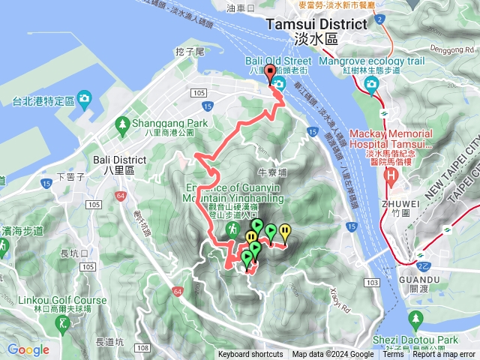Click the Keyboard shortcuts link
[x=250, y=355]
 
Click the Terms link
[x=393, y=355]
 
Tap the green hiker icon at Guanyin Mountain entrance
[x=234, y=226]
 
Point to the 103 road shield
[x=373, y=282]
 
